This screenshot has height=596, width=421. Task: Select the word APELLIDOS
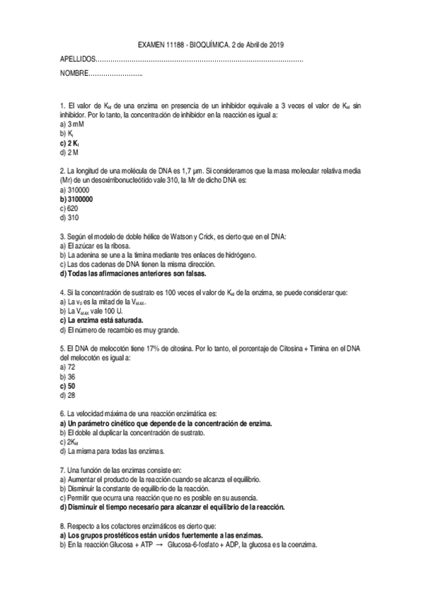[x=77, y=60]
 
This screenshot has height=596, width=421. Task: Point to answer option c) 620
[x=70, y=209]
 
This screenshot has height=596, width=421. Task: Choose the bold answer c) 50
[x=69, y=386]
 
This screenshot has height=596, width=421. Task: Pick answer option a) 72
[x=69, y=367]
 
